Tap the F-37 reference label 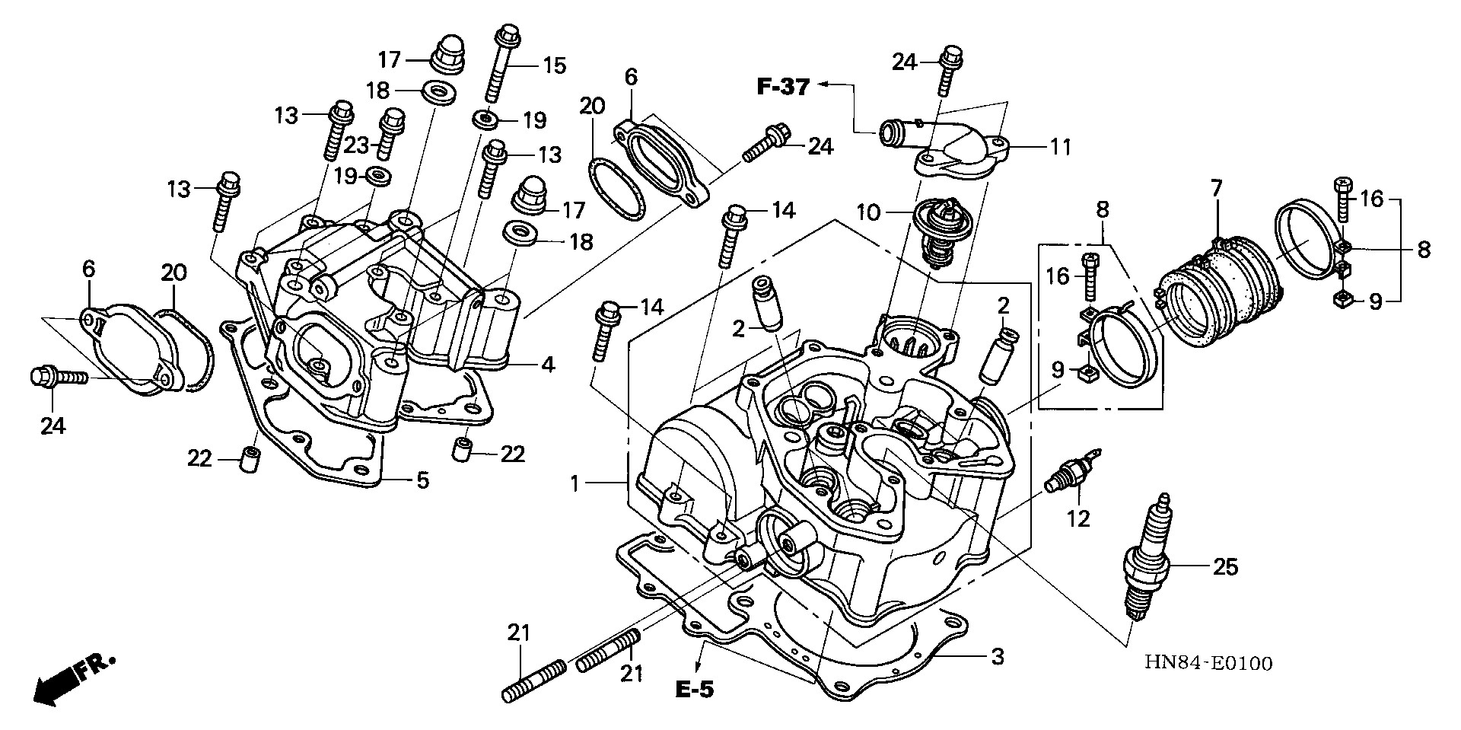pos(783,87)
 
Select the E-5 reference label pos(694,690)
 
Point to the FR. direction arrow pos(72,678)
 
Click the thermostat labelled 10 pos(939,229)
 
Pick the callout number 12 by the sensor pos(1078,518)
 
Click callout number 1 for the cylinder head pos(576,483)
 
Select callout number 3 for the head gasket pos(996,655)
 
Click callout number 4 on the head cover pos(548,364)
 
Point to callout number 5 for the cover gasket pos(422,480)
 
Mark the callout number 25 pos(1225,566)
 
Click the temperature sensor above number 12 pos(1070,477)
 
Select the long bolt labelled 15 pos(499,65)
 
